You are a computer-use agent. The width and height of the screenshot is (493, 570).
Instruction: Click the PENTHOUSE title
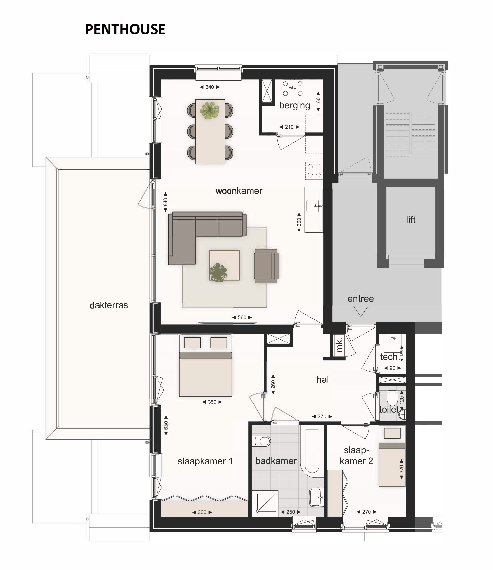click(125, 29)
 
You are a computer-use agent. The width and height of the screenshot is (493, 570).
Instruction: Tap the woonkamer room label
click(239, 191)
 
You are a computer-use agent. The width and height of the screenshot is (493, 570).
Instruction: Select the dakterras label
click(109, 305)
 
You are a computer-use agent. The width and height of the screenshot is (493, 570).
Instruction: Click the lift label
click(411, 219)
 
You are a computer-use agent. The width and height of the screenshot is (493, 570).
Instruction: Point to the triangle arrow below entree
click(361, 311)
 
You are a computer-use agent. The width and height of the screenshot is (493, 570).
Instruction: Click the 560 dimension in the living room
click(242, 317)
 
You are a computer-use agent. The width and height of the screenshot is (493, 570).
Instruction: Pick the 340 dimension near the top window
click(210, 87)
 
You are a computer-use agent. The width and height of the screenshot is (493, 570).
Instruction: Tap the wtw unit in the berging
click(292, 88)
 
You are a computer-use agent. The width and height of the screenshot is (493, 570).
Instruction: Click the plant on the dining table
click(210, 110)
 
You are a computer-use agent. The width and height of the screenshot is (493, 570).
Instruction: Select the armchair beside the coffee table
click(266, 266)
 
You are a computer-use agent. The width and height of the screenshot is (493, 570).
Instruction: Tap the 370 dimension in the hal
click(322, 417)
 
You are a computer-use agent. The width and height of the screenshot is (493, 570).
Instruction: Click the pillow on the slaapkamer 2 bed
click(392, 434)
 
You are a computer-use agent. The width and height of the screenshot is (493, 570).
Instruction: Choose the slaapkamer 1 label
click(205, 461)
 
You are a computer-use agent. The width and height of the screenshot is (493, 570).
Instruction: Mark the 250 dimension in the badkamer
click(291, 512)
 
